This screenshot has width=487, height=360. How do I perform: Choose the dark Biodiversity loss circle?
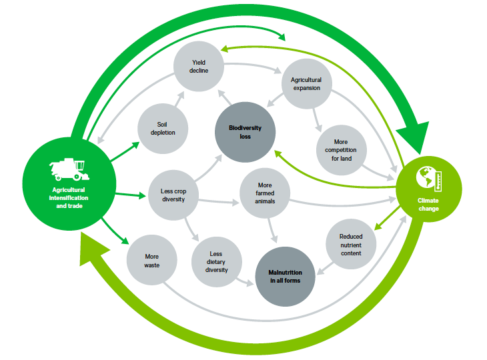point(240,132)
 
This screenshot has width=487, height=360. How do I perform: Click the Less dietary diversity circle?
point(217,261)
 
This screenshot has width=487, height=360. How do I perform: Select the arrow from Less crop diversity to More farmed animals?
point(220,199)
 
